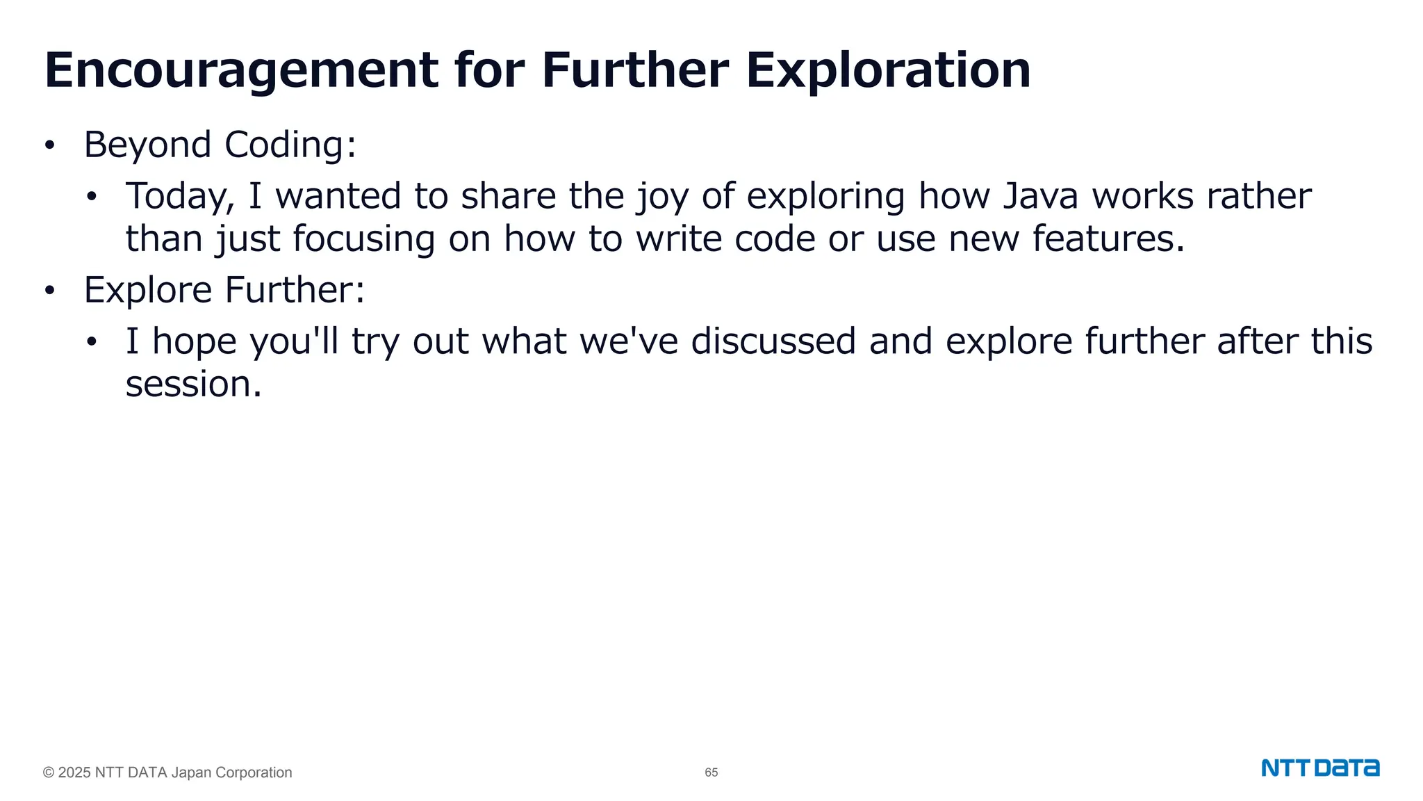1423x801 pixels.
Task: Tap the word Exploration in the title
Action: click(x=888, y=71)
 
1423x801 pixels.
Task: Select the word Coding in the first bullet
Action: click(x=290, y=145)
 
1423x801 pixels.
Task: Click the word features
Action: click(x=1108, y=238)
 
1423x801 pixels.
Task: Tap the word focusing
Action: click(x=363, y=240)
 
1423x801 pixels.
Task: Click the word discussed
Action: click(x=773, y=341)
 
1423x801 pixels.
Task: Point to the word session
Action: click(x=193, y=385)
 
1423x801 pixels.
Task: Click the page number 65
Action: click(x=711, y=772)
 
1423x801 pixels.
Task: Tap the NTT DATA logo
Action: click(x=1320, y=768)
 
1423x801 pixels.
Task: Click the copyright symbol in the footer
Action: click(x=49, y=772)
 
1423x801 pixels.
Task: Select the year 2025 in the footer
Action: click(x=74, y=772)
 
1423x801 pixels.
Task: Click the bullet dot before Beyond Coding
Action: click(x=49, y=146)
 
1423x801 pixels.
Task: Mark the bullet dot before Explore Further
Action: click(x=49, y=291)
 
